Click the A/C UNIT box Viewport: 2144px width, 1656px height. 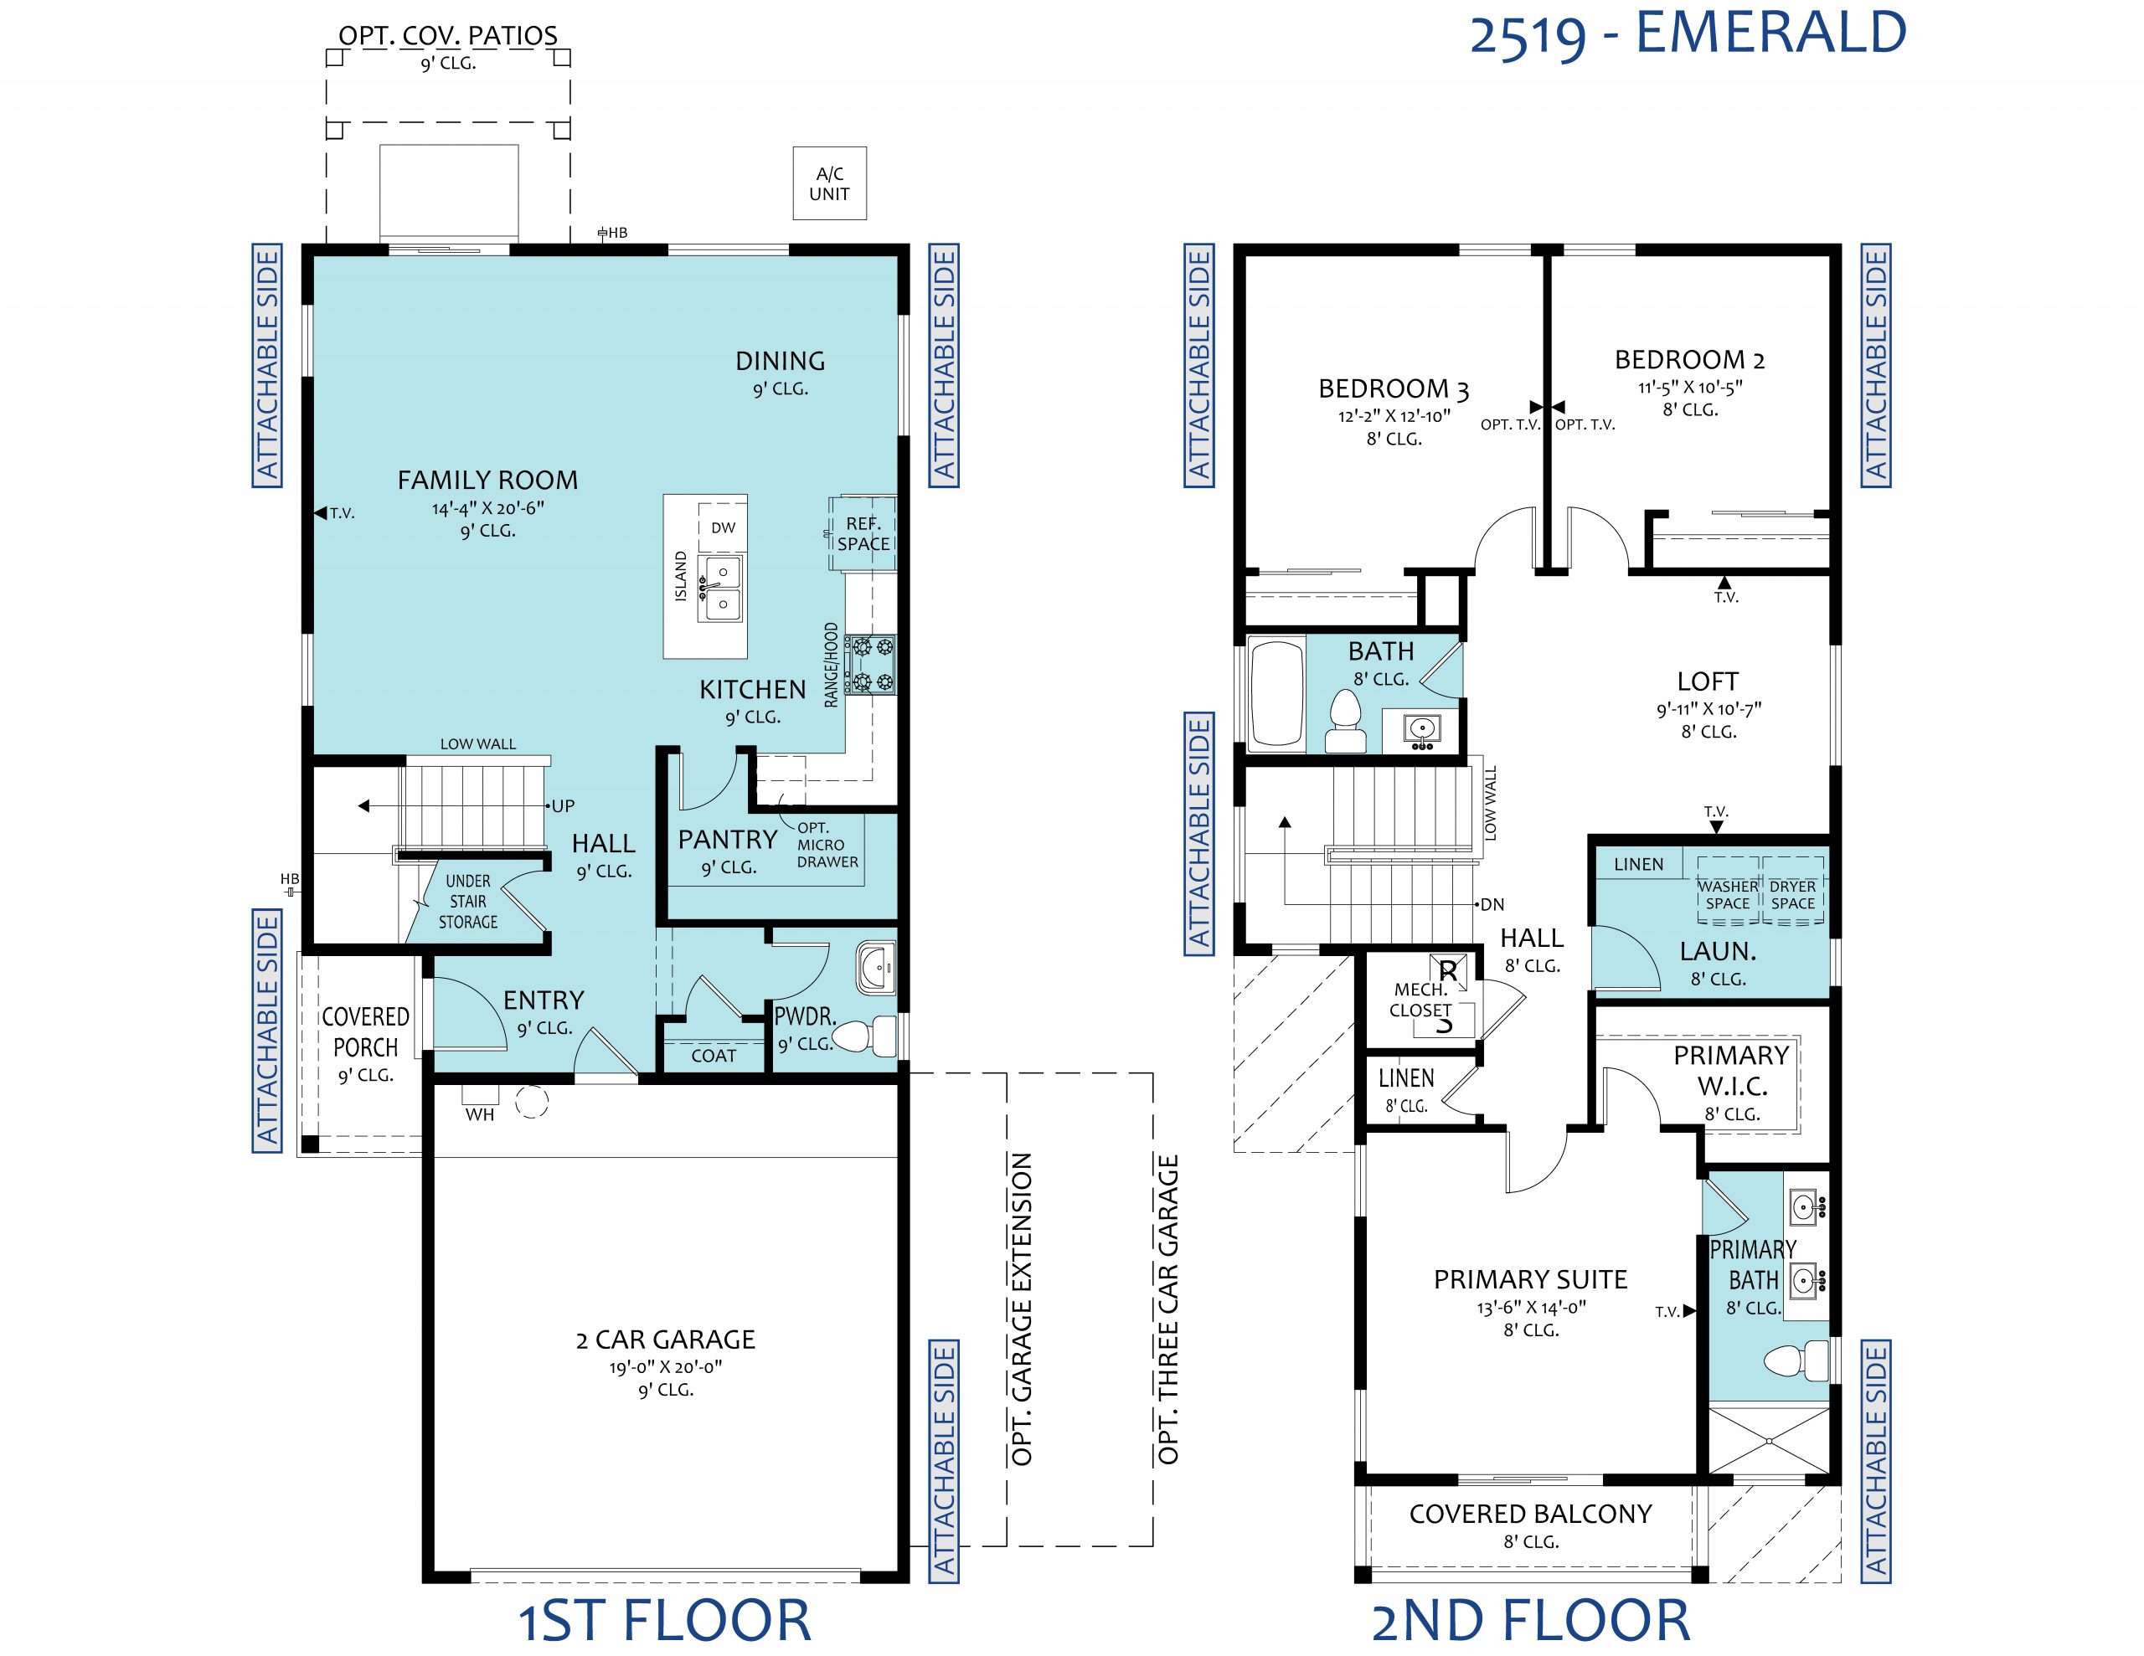tap(829, 183)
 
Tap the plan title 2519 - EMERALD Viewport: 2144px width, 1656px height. tap(1688, 33)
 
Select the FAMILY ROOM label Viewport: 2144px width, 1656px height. tap(488, 480)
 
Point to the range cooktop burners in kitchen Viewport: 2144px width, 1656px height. tap(873, 664)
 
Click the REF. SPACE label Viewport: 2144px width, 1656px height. tap(863, 534)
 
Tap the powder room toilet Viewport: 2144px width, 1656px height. tap(864, 1036)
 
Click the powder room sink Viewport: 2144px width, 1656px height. tap(874, 967)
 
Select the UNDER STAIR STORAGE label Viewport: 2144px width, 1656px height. tap(468, 901)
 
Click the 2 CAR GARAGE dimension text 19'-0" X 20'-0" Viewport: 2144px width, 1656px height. tap(666, 1366)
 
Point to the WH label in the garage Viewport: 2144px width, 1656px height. tap(480, 1114)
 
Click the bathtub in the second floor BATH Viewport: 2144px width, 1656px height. tap(1276, 694)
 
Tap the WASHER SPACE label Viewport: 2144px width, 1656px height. tap(1728, 894)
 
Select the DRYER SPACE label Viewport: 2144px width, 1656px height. tap(1792, 894)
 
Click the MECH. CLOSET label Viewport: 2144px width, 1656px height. tap(1420, 1000)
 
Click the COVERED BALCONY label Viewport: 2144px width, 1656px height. tap(1530, 1514)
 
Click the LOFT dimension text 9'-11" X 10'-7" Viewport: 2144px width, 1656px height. tap(1708, 709)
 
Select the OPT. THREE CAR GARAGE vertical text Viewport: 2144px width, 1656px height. tap(1168, 1309)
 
